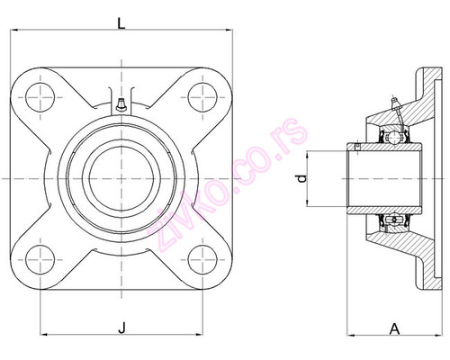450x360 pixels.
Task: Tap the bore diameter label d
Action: point(301,179)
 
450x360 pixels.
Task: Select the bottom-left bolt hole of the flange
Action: point(41,257)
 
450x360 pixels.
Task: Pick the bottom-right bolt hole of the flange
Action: point(202,257)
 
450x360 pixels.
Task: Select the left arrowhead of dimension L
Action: point(13,34)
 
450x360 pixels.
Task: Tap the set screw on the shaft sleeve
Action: point(356,147)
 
